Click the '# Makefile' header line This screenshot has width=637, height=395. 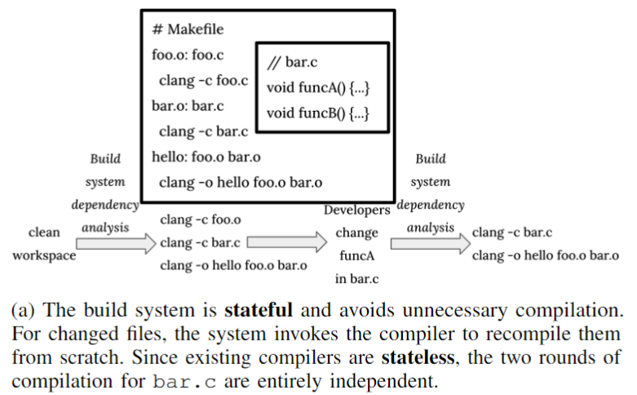coord(188,29)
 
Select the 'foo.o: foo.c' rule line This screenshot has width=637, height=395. coord(188,55)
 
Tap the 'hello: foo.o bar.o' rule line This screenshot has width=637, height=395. coord(206,157)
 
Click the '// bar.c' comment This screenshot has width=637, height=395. coord(293,61)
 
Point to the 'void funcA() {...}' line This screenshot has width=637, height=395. coord(319,87)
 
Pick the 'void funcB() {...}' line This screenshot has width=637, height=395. coord(319,113)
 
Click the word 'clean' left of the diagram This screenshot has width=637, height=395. coord(44,233)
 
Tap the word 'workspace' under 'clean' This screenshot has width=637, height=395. coord(44,255)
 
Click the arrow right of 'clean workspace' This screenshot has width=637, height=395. coord(115,242)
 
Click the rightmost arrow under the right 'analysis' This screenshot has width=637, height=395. coord(430,242)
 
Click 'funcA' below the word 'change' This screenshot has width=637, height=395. coord(357,255)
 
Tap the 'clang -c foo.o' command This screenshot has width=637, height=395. coord(200,220)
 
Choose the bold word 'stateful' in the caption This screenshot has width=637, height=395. coord(258,310)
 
